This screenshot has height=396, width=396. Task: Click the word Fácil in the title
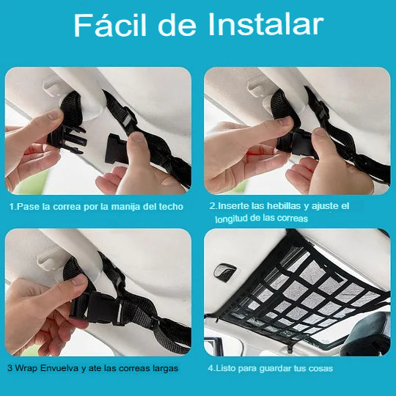(x=110, y=25)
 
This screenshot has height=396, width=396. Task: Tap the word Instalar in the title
(x=265, y=24)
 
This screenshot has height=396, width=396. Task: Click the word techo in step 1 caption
(x=171, y=207)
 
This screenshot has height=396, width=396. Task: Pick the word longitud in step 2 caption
(x=231, y=219)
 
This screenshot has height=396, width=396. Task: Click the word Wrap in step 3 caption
(x=26, y=368)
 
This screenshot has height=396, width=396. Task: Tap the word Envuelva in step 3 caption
(x=59, y=368)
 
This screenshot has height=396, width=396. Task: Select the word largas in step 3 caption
(x=165, y=369)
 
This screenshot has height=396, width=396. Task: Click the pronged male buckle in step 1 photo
(x=67, y=139)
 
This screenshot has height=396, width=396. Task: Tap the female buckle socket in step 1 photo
(x=115, y=148)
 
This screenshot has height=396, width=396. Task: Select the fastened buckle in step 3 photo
(x=96, y=308)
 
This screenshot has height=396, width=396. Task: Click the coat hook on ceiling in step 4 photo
(x=225, y=271)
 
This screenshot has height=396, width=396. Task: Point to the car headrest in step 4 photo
(x=365, y=334)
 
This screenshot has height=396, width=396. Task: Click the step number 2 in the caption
(x=213, y=206)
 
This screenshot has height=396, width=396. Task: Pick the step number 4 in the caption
(x=210, y=368)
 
